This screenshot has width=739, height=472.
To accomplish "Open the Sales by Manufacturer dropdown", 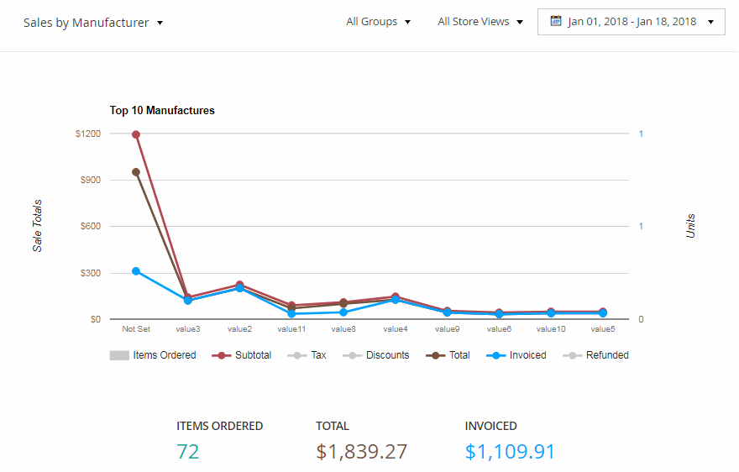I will tap(93, 23).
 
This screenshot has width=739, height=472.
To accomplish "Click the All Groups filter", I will tap(378, 22).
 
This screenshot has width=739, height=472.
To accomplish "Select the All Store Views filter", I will tap(480, 22).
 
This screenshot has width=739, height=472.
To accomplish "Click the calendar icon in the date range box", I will tap(555, 21).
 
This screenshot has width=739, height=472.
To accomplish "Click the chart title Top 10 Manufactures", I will tap(162, 110).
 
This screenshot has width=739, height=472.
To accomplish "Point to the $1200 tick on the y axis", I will tap(87, 134).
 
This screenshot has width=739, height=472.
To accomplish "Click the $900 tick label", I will tap(89, 181).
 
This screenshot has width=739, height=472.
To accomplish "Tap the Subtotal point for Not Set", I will tap(136, 134).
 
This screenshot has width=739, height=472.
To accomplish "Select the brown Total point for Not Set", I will tap(136, 172).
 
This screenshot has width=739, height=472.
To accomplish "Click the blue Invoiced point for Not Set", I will tap(136, 271).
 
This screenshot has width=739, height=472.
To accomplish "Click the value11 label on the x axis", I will tap(291, 329).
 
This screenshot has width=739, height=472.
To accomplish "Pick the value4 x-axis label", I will tap(396, 329).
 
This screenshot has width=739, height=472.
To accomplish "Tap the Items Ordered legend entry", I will tap(153, 355).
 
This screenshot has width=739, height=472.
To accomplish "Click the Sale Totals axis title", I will tap(38, 226).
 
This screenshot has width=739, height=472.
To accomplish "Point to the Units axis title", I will tap(691, 226).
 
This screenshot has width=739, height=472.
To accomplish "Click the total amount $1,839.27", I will tap(361, 452).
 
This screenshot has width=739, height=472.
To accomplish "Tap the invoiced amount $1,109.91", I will tap(510, 452).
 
